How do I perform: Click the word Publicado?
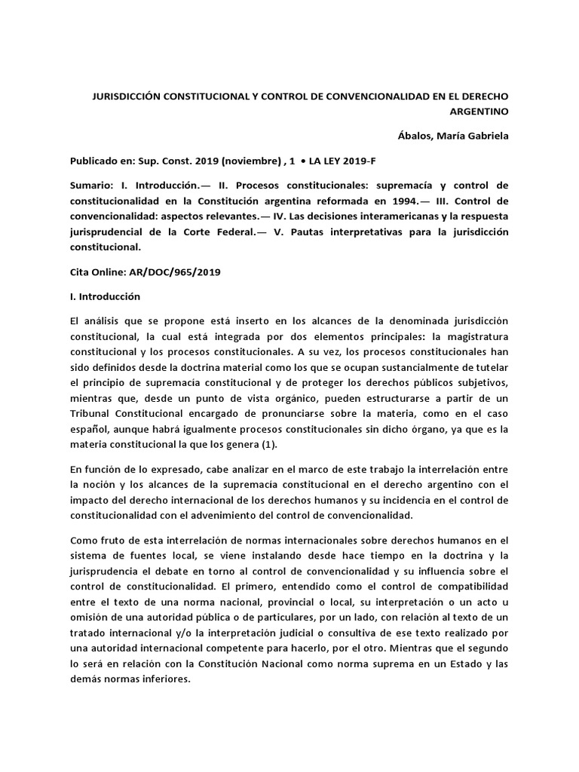pyautogui.click(x=96, y=161)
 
